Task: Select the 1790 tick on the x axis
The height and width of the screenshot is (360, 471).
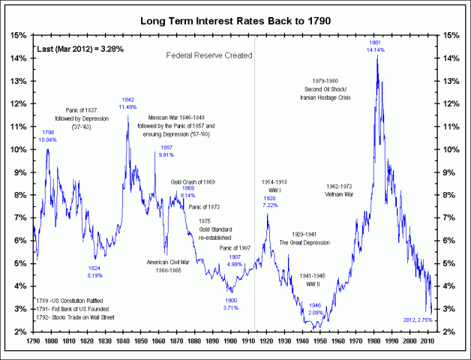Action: pos(33,340)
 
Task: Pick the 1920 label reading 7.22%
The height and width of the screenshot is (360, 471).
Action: pos(271,201)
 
